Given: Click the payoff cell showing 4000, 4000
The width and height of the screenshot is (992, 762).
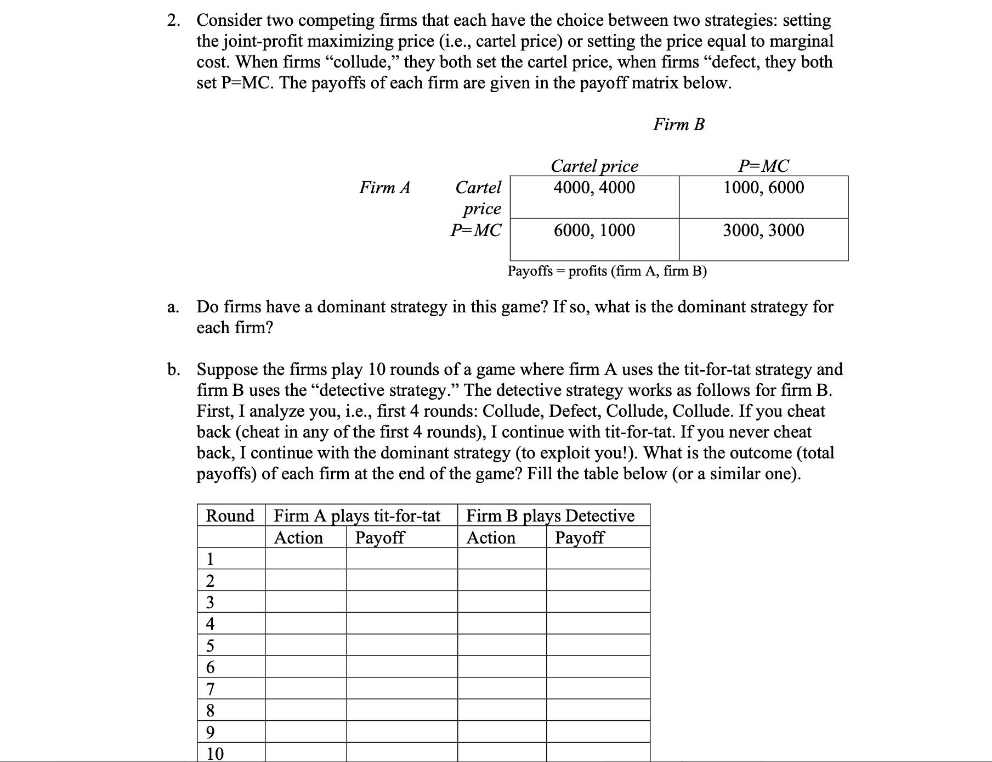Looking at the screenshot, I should pyautogui.click(x=594, y=188).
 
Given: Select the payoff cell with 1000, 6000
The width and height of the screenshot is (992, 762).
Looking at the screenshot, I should pyautogui.click(x=763, y=188).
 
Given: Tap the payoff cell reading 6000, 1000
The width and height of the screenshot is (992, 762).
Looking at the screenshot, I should pyautogui.click(x=594, y=231).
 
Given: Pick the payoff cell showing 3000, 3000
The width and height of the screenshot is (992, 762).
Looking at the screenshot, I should pyautogui.click(x=763, y=231).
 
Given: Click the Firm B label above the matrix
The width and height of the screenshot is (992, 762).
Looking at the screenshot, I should pyautogui.click(x=678, y=125).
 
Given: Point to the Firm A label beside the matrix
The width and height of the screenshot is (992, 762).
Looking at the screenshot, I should pyautogui.click(x=384, y=188).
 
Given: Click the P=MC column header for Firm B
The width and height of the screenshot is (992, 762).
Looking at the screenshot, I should pyautogui.click(x=763, y=166).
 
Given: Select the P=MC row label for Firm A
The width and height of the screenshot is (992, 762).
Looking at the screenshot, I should pyautogui.click(x=475, y=231).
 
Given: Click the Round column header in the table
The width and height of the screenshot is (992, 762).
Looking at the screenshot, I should pyautogui.click(x=230, y=516).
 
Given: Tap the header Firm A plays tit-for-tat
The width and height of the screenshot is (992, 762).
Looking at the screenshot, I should pyautogui.click(x=357, y=516).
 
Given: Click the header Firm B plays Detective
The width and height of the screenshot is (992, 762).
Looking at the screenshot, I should pyautogui.click(x=550, y=516).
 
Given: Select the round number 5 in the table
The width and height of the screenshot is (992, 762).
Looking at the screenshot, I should pyautogui.click(x=210, y=646).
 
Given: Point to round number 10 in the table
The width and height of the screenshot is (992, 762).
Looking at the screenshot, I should pyautogui.click(x=214, y=754).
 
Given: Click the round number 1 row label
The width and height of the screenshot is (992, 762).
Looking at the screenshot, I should pyautogui.click(x=210, y=559).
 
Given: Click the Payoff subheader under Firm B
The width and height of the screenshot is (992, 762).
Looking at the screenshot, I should pyautogui.click(x=579, y=537).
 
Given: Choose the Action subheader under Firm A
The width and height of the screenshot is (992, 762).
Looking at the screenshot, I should pyautogui.click(x=298, y=537).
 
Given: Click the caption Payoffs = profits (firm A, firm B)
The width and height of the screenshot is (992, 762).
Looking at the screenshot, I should pyautogui.click(x=607, y=271).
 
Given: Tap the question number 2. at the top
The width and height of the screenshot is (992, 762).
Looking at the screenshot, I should pyautogui.click(x=174, y=21).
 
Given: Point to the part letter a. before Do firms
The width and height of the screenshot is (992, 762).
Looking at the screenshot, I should pyautogui.click(x=173, y=307).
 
